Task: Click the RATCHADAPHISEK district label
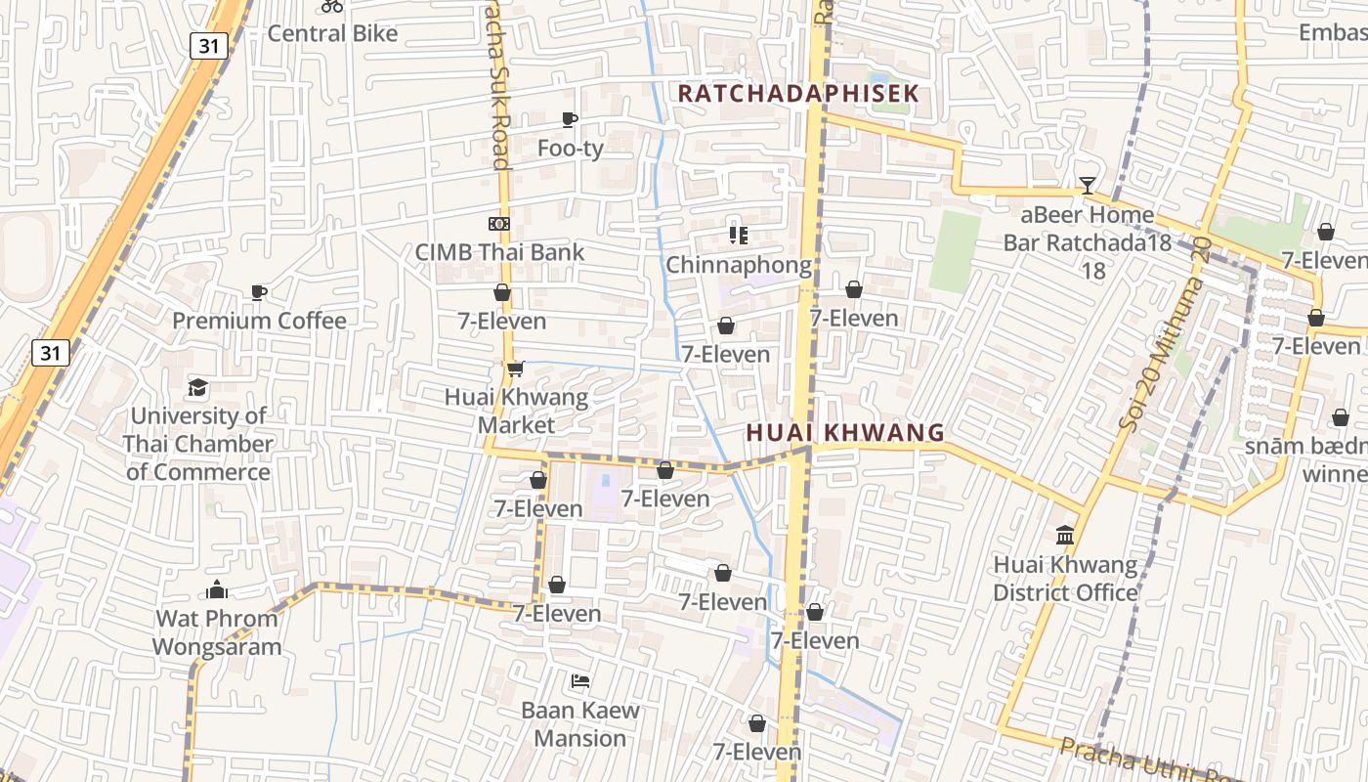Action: (x=798, y=94)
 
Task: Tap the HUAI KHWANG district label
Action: (x=845, y=432)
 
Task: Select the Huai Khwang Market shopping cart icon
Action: (x=515, y=369)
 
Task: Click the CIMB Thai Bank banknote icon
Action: (x=499, y=224)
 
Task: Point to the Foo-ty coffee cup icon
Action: (x=570, y=120)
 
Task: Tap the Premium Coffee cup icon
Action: (x=259, y=292)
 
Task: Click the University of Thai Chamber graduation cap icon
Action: (x=198, y=387)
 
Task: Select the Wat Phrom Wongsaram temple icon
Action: (x=217, y=590)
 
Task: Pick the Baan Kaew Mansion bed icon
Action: (x=580, y=681)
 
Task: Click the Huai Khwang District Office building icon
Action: (x=1065, y=536)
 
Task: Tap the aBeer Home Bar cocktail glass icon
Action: (x=1087, y=186)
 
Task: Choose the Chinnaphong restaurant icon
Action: (x=739, y=236)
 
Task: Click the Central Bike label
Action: (x=332, y=33)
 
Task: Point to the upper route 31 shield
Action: (x=209, y=45)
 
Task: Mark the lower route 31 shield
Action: (x=50, y=352)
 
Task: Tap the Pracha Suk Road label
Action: (x=497, y=88)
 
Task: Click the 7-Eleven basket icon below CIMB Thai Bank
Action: (x=502, y=292)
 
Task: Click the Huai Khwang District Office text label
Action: (x=1065, y=579)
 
